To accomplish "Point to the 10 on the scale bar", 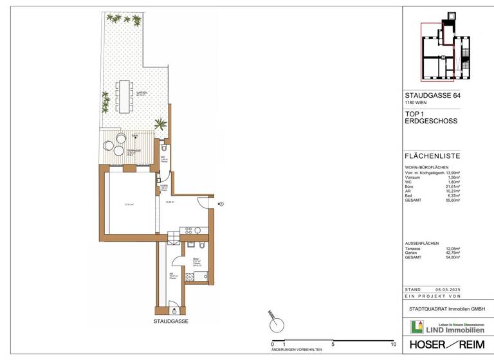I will tap(393, 345).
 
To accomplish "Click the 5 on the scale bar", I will tap(333, 345).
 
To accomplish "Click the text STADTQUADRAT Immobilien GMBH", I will tap(446, 309).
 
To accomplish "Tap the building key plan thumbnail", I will tap(444, 48).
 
